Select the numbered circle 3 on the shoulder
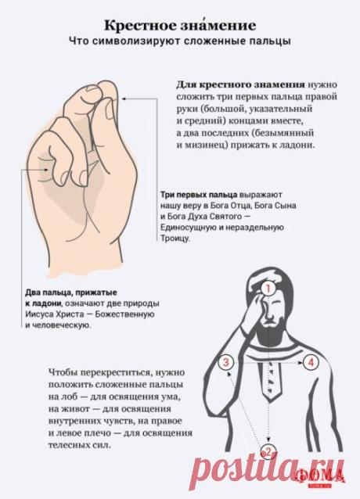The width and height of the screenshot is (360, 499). click(x=226, y=362)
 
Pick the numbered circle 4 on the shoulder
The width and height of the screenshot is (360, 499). click(x=311, y=362)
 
